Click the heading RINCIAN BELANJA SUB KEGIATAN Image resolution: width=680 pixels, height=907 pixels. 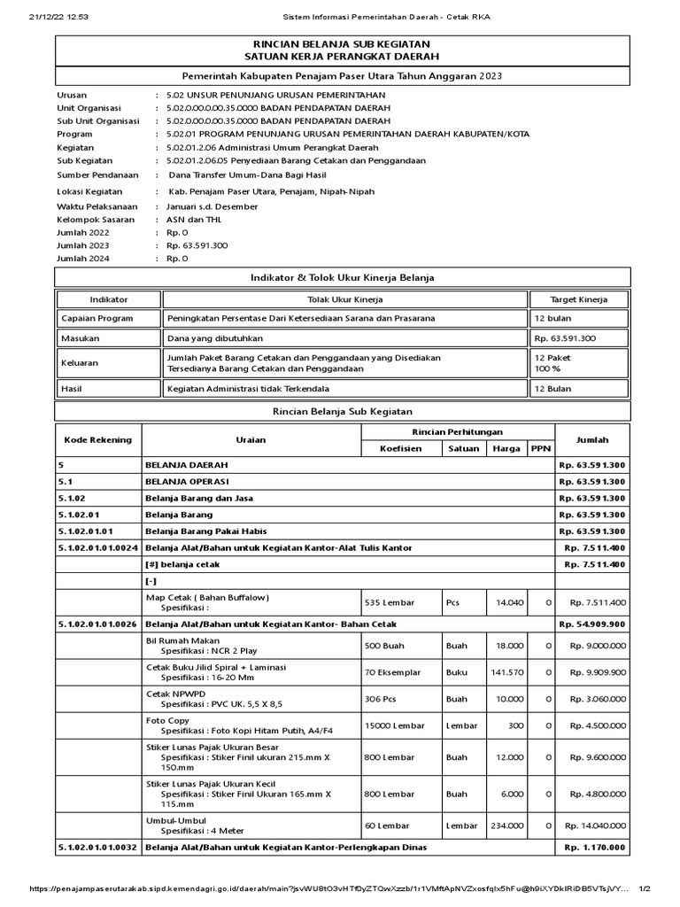342,43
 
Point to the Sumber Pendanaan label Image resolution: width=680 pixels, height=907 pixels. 97,175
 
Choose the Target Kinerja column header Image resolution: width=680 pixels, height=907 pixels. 578,299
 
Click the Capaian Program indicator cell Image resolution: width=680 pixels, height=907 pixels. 97,318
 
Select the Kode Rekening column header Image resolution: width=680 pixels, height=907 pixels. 97,439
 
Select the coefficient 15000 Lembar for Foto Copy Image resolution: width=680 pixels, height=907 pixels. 395,726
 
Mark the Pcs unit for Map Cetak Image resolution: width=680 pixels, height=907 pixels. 453,602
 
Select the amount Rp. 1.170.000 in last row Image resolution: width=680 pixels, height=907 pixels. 594,848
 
